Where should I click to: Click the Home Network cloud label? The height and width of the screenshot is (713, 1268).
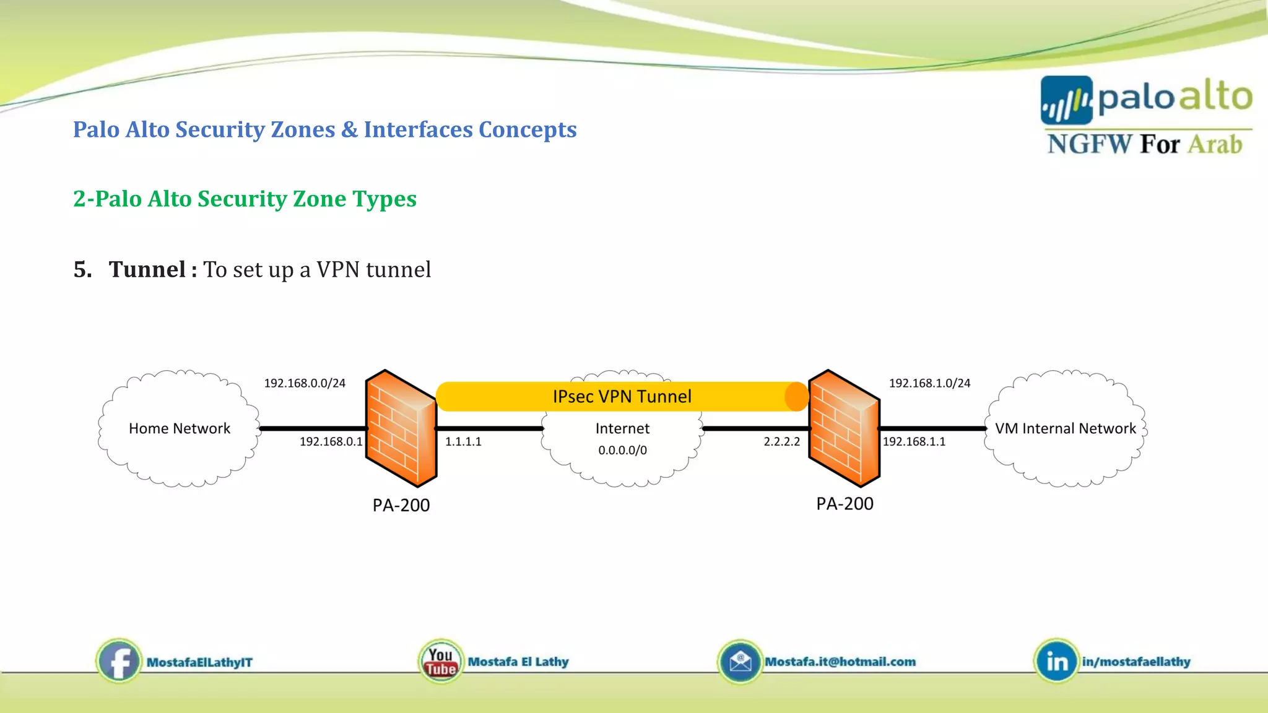pos(180,428)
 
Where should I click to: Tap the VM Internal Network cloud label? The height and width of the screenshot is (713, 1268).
pos(1065,428)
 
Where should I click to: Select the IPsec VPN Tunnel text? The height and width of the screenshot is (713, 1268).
pos(622,397)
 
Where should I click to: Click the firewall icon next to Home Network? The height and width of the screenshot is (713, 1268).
pos(401,428)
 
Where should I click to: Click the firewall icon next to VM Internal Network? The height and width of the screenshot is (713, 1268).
pos(844,428)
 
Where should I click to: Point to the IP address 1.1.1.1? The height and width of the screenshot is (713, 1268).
pos(463,442)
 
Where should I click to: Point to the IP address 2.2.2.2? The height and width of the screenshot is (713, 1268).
pos(781,442)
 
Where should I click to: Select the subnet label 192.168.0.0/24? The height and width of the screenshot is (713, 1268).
pos(305,383)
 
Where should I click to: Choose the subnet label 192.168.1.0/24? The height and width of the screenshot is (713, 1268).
pos(929,383)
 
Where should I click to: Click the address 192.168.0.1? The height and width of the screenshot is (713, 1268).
pos(331,442)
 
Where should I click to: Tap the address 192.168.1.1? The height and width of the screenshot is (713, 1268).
pos(914,442)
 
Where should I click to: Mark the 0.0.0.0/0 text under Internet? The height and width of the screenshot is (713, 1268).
pos(622,451)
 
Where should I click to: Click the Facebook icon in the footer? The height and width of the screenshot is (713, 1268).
pos(119,662)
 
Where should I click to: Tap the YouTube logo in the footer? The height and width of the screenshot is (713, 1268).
pos(441,662)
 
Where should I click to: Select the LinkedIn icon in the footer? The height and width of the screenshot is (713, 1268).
pos(1056,662)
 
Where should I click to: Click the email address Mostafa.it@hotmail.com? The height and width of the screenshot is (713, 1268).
pos(840,662)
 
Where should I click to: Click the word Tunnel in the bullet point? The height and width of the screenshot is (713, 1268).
pos(147,270)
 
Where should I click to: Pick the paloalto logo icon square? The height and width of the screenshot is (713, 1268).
pos(1066,100)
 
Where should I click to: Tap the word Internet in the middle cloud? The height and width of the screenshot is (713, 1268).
pos(622,428)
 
